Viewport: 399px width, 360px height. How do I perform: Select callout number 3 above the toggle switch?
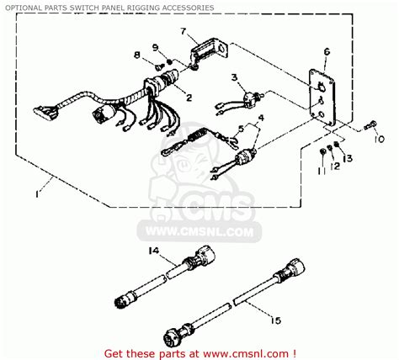tap(233, 77)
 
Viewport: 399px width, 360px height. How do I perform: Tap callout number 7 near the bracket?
tap(181, 31)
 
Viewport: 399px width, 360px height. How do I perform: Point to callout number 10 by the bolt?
tap(378, 138)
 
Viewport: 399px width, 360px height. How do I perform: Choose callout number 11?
tap(321, 171)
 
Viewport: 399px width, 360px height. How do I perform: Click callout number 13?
tap(349, 157)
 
